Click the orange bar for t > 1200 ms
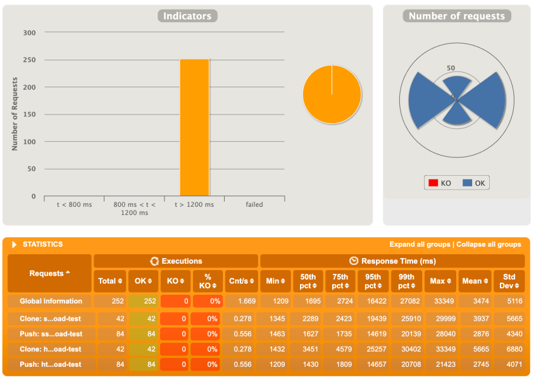tap(194, 128)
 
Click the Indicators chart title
tap(188, 16)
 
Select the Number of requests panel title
tap(456, 16)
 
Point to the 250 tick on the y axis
tap(30, 60)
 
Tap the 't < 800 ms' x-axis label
tap(74, 205)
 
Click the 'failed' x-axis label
tap(254, 205)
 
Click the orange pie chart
tap(332, 94)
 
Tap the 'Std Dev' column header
tap(508, 281)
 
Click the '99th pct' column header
tap(406, 281)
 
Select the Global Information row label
tap(51, 301)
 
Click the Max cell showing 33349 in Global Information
tap(440, 301)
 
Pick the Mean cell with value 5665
tap(474, 348)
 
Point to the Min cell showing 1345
tap(275, 318)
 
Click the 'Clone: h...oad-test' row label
tap(50, 348)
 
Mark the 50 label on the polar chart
tap(451, 68)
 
